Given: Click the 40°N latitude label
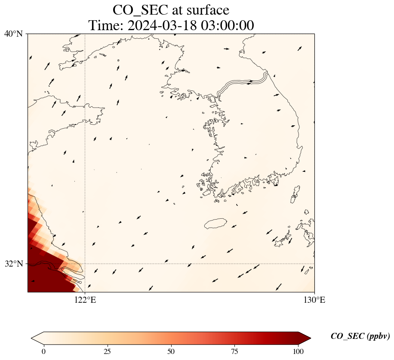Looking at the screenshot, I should click(x=13, y=34).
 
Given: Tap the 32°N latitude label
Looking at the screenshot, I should click(x=13, y=264).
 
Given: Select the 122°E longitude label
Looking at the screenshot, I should click(x=85, y=300).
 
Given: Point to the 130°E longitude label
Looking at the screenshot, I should click(x=314, y=300).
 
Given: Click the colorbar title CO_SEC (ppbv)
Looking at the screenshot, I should click(x=360, y=336).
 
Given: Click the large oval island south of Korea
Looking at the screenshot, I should click(x=215, y=223).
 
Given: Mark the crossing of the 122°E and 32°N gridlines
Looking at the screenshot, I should click(x=85, y=264).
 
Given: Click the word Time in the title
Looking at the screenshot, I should click(x=102, y=25).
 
